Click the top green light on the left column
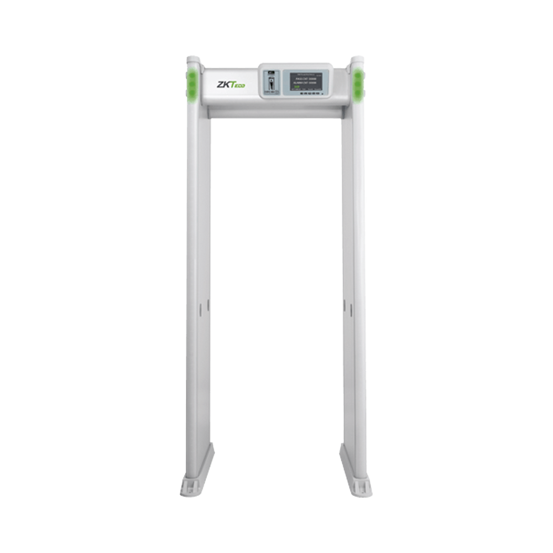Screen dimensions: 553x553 tap(194, 75)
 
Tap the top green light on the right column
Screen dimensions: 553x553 tap(359, 75)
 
